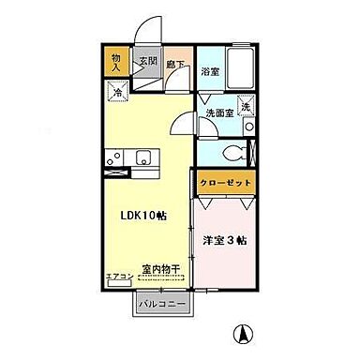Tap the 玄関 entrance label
[148, 62]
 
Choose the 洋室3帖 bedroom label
[224, 239]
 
